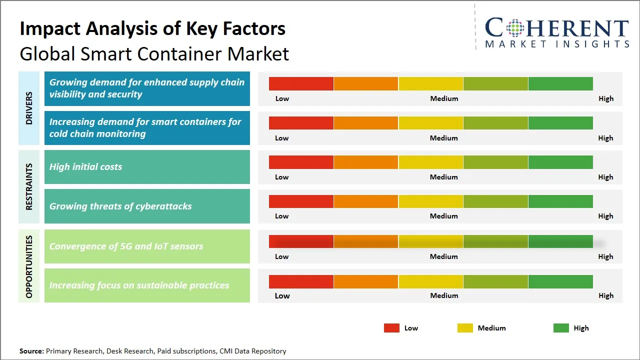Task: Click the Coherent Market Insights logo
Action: coord(556,32)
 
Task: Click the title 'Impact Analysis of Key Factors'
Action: coord(152,29)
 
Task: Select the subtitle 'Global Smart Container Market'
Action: coord(154,54)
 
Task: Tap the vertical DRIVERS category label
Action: coord(29,108)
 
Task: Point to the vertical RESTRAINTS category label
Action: coord(29,186)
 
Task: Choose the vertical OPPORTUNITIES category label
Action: coord(29,266)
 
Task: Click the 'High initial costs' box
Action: coord(147,167)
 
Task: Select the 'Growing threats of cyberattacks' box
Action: coord(147,206)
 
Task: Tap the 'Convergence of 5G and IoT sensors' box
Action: coord(147,246)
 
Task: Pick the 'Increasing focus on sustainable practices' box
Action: coord(147,285)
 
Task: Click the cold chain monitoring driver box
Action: coord(147,128)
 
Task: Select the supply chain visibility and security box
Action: coord(147,88)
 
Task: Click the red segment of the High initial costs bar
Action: coord(301,162)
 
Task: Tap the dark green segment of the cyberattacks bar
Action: coord(560,201)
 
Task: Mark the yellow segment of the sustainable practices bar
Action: coord(430,281)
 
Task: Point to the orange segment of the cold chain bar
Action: coord(366,123)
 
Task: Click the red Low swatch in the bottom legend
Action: coord(391,328)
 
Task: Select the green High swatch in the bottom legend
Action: coord(561,328)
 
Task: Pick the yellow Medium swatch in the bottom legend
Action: coord(465,328)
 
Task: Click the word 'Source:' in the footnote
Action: coord(31,351)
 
